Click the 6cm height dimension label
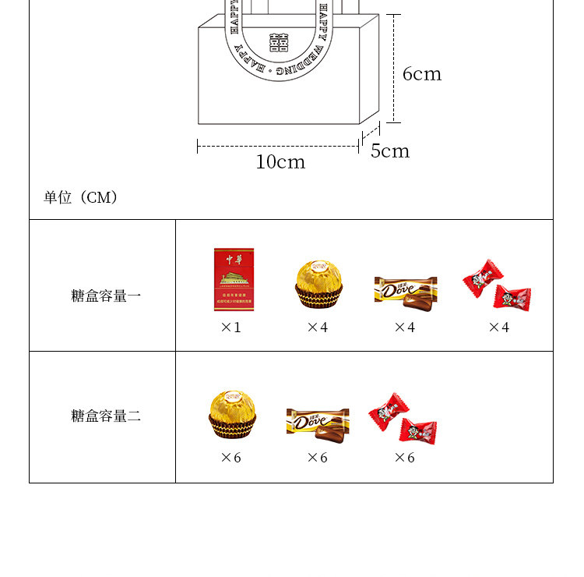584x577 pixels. pos(422,74)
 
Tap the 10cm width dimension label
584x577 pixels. pos(280,162)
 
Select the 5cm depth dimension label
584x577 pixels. pos(390,151)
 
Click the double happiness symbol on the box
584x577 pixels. pos(279,42)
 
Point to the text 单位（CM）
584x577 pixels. pos(81,197)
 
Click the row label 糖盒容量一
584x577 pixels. pos(106,296)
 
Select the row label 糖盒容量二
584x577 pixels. pos(106,416)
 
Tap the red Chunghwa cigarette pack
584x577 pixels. pos(234,280)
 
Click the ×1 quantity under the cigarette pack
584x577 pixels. pos(231,327)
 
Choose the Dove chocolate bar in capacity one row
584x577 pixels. pos(405,289)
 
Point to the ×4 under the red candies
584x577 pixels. pos(498,327)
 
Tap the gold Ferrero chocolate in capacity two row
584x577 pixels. pos(232,414)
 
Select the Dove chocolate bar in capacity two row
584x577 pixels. pos(318,422)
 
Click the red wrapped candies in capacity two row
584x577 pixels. pos(403,419)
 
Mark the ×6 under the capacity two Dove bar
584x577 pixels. pos(318,458)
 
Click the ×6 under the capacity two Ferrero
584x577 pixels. pos(231,458)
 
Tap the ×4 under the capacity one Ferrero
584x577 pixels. pos(318,327)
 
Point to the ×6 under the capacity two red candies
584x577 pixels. pos(405,458)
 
